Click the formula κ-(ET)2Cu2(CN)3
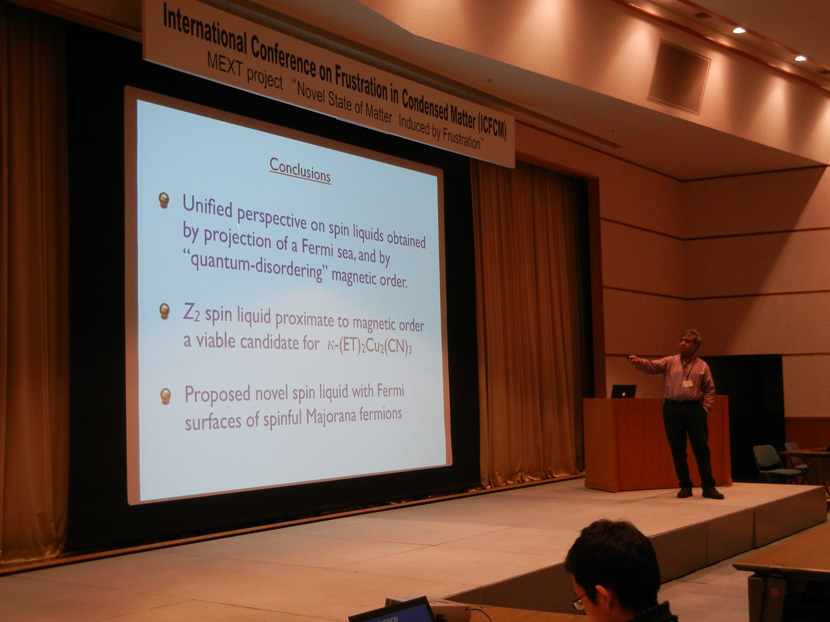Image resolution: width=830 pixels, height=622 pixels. tap(369, 345)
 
